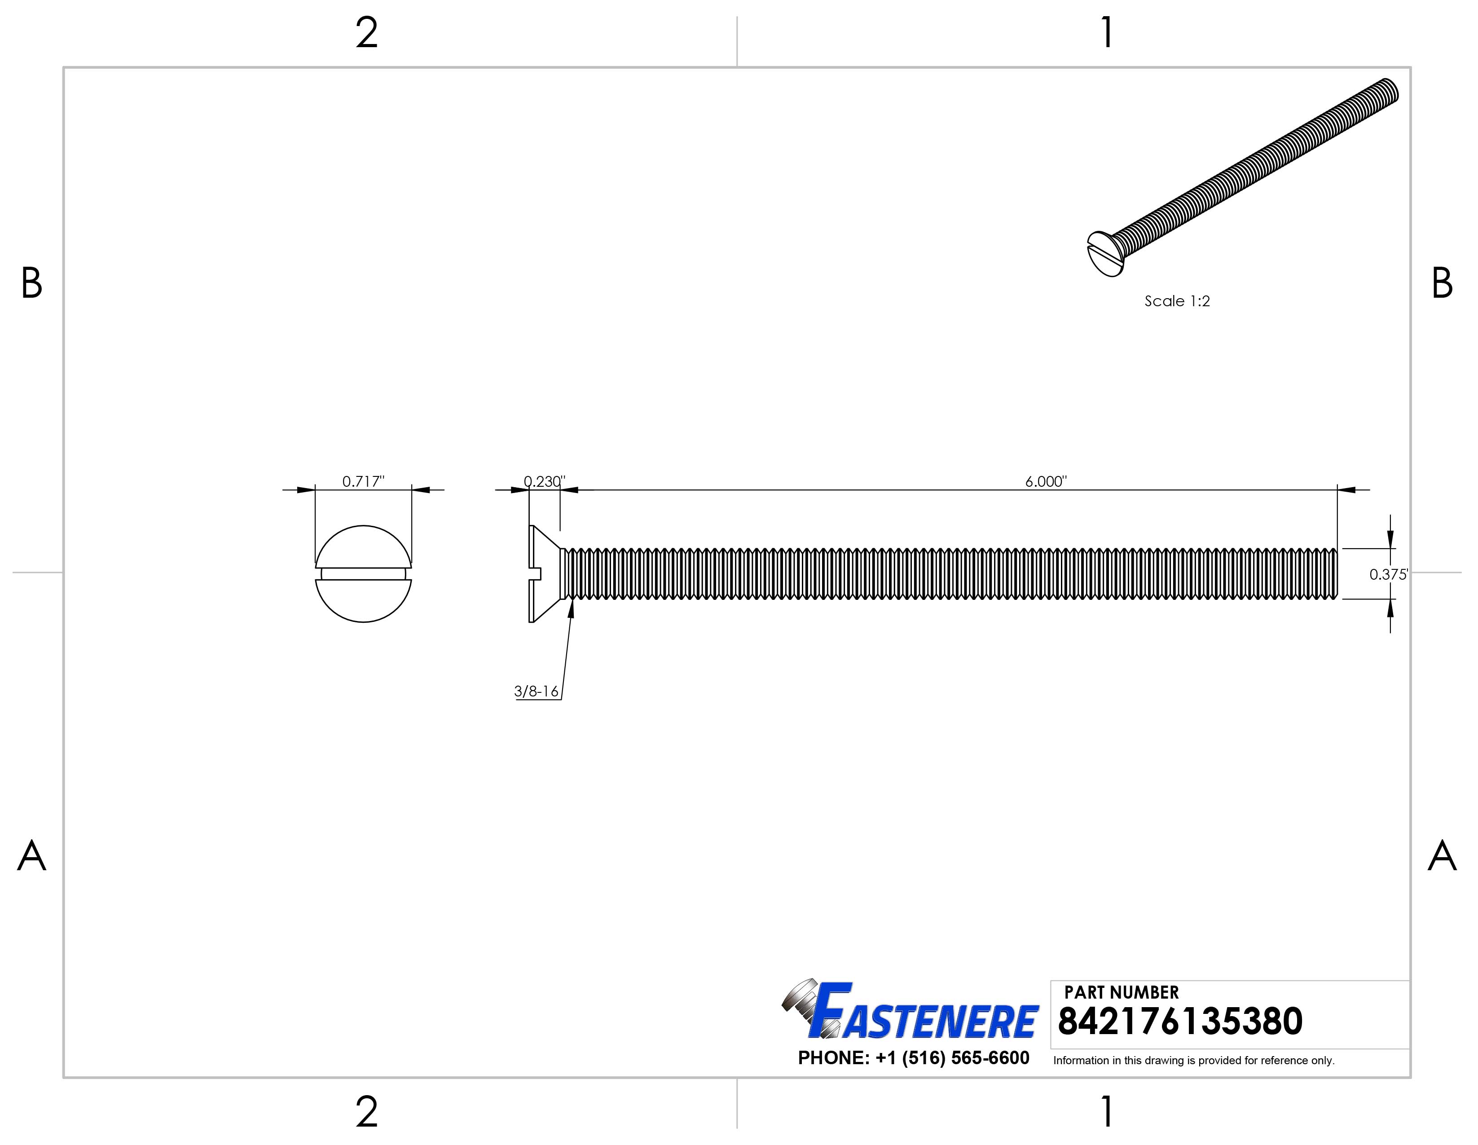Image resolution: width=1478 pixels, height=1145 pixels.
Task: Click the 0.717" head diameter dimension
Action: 363,481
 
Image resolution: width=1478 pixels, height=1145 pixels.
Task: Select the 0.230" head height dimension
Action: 545,481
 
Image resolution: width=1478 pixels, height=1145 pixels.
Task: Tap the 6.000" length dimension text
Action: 1046,481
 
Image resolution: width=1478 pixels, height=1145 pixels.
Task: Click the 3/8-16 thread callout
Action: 537,691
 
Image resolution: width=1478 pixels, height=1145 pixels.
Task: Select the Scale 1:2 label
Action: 1177,301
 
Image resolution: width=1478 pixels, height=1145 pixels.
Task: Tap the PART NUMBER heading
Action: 1122,992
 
